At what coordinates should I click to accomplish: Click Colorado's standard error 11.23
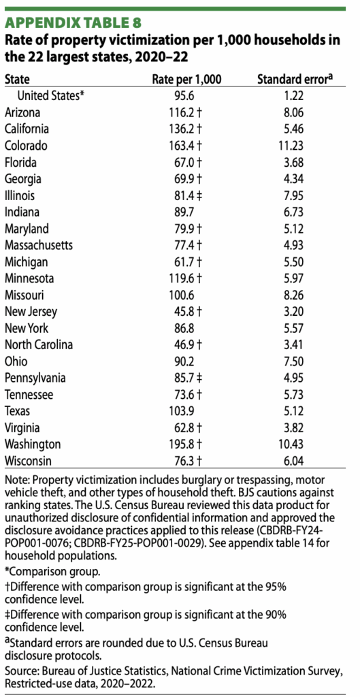[289, 145]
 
